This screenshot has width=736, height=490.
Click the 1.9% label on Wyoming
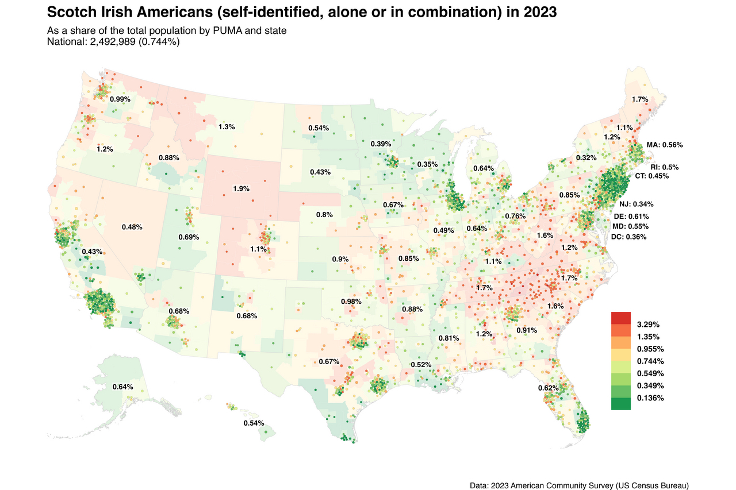[x=241, y=188]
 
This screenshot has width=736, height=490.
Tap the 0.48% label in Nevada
[x=132, y=227]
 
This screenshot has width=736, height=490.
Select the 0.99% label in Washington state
[x=120, y=99]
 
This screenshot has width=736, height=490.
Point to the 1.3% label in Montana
[x=227, y=126]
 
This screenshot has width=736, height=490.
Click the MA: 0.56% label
[x=665, y=145]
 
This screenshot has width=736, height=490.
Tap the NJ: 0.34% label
[x=636, y=204]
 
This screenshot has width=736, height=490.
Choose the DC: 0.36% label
[x=629, y=237]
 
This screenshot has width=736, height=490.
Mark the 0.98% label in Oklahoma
[x=351, y=302]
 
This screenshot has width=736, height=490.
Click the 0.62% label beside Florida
[x=547, y=388]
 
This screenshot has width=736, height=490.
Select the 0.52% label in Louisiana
[x=421, y=365]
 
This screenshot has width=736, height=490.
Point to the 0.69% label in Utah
[x=189, y=237]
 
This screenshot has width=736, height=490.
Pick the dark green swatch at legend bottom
[x=621, y=404]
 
